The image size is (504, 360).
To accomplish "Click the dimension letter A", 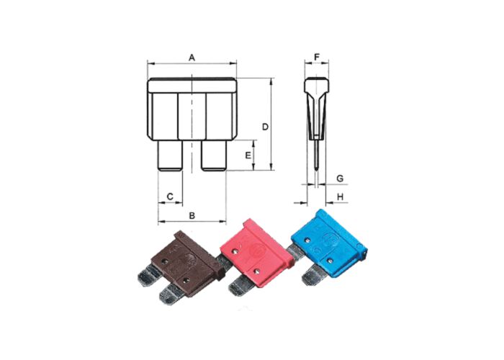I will (x=192, y=56).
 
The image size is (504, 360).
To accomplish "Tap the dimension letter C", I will (x=170, y=196).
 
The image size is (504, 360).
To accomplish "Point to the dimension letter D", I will (x=265, y=127).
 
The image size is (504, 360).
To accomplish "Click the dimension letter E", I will (x=248, y=155).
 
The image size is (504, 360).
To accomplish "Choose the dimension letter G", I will (x=341, y=176).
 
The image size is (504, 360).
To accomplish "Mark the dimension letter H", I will (x=341, y=196).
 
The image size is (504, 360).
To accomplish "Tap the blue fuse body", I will (x=328, y=241).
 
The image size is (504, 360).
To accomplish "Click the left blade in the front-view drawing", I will (x=170, y=155).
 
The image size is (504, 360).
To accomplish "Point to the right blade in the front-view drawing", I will (x=214, y=155).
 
